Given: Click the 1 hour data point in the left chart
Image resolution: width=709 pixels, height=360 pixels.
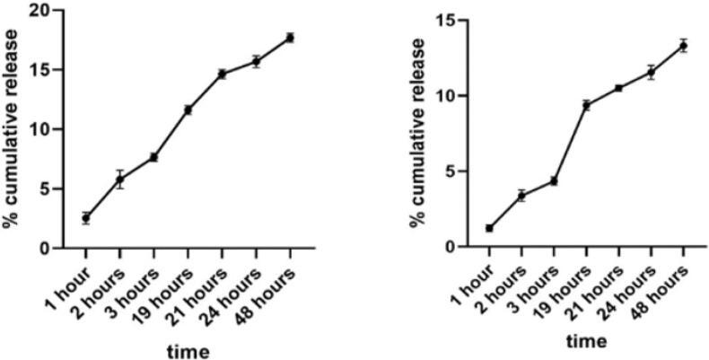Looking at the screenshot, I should click(x=85, y=218).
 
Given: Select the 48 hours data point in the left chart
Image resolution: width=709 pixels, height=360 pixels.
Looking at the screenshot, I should click(x=290, y=38).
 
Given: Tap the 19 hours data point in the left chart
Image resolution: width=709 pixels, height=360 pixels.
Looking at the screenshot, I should click(x=188, y=110).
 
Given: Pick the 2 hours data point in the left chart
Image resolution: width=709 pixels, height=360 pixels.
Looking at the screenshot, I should click(x=119, y=180).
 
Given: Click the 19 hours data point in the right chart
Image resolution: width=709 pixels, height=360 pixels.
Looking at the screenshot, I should click(x=585, y=105).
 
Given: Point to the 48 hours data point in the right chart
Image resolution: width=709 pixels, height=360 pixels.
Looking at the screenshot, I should click(x=683, y=46).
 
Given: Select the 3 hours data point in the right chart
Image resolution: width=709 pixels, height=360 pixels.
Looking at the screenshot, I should click(x=554, y=180).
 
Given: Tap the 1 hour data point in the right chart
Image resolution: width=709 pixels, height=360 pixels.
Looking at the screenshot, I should click(x=489, y=228).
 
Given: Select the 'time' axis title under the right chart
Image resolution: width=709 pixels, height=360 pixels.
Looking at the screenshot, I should click(x=585, y=341).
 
